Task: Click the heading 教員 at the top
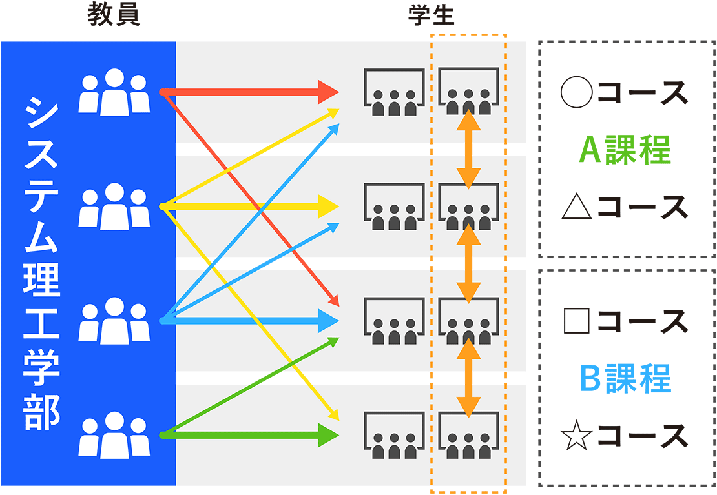coord(114,16)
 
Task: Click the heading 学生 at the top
coord(431,16)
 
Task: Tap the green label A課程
coord(625,150)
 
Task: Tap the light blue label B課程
coord(625,378)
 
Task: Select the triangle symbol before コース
coord(577,207)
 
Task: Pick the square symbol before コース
coord(577,321)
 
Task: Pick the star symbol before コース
coord(577,436)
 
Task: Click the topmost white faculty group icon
coord(114,92)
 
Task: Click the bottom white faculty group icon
coord(114,435)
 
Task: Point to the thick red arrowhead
coord(328,92)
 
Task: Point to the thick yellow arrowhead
coord(328,207)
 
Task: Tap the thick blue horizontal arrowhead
coord(328,320)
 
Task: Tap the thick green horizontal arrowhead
coord(328,434)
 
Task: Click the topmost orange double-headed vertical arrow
coord(468,149)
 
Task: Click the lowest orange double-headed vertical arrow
coord(468,378)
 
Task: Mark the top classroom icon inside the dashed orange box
coord(469,92)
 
